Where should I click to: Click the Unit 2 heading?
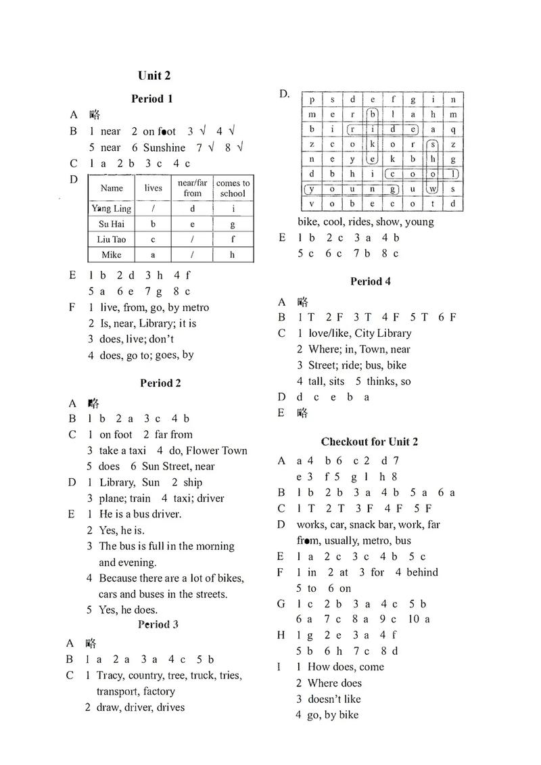pyautogui.click(x=154, y=75)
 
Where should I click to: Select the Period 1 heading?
pyautogui.click(x=152, y=99)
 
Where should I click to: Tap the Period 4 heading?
pyautogui.click(x=370, y=281)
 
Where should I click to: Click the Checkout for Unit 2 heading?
pyautogui.click(x=369, y=442)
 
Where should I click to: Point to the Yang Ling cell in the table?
pyautogui.click(x=112, y=208)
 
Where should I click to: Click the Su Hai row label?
pyautogui.click(x=112, y=224)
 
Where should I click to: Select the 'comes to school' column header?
pyautogui.click(x=233, y=188)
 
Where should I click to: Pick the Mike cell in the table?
pyautogui.click(x=112, y=255)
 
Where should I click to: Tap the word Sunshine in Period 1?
pyautogui.click(x=164, y=147)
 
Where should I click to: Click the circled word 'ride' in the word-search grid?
pyautogui.click(x=382, y=129)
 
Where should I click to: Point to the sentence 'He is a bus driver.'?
pyautogui.click(x=141, y=514)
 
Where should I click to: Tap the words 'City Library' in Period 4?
pyautogui.click(x=385, y=333)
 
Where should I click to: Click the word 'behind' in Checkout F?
pyautogui.click(x=422, y=572)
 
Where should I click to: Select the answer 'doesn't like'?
pyautogui.click(x=334, y=699)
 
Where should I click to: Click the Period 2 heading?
pyautogui.click(x=161, y=383)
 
